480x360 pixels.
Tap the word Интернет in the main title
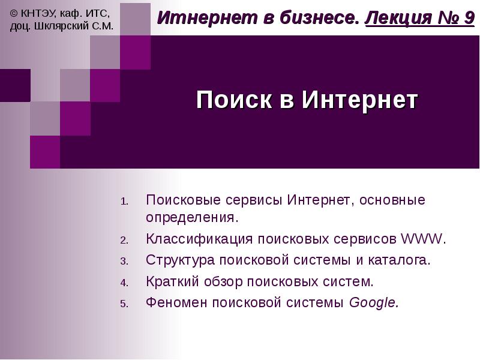tap(359, 100)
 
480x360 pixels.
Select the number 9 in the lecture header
tap(469, 18)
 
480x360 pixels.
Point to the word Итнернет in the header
tap(195, 18)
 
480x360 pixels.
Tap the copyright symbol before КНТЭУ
tap(14, 13)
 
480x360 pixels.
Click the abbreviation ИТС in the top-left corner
tap(97, 13)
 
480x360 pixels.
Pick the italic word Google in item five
tap(373, 303)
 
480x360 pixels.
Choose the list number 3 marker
tap(124, 262)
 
